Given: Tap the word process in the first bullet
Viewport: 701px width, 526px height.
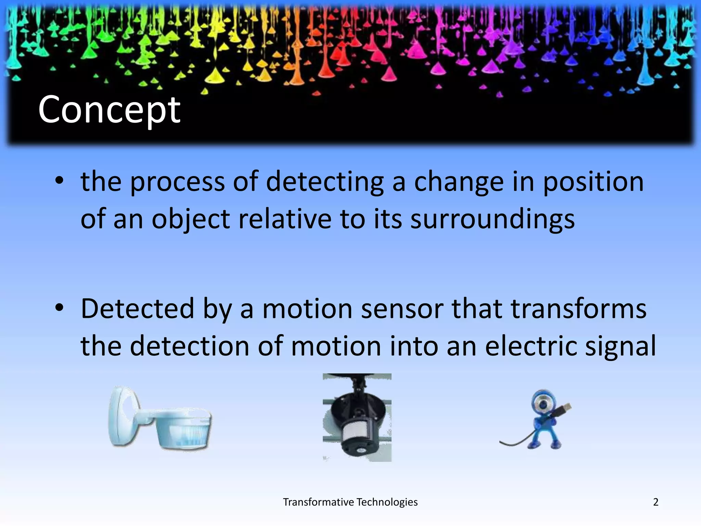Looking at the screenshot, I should tap(177, 182).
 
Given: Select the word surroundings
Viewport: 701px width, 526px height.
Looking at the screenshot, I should tap(493, 220).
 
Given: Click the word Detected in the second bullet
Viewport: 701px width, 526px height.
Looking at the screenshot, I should tap(138, 309).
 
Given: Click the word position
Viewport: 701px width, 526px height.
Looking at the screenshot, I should tap(593, 182).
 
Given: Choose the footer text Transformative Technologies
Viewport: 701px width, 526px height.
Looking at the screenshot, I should tap(350, 502).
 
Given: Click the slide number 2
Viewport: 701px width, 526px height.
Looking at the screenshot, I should tap(655, 502).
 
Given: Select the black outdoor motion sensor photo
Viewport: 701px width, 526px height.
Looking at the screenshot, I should tap(357, 417).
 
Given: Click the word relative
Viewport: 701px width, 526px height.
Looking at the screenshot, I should tap(285, 220).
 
